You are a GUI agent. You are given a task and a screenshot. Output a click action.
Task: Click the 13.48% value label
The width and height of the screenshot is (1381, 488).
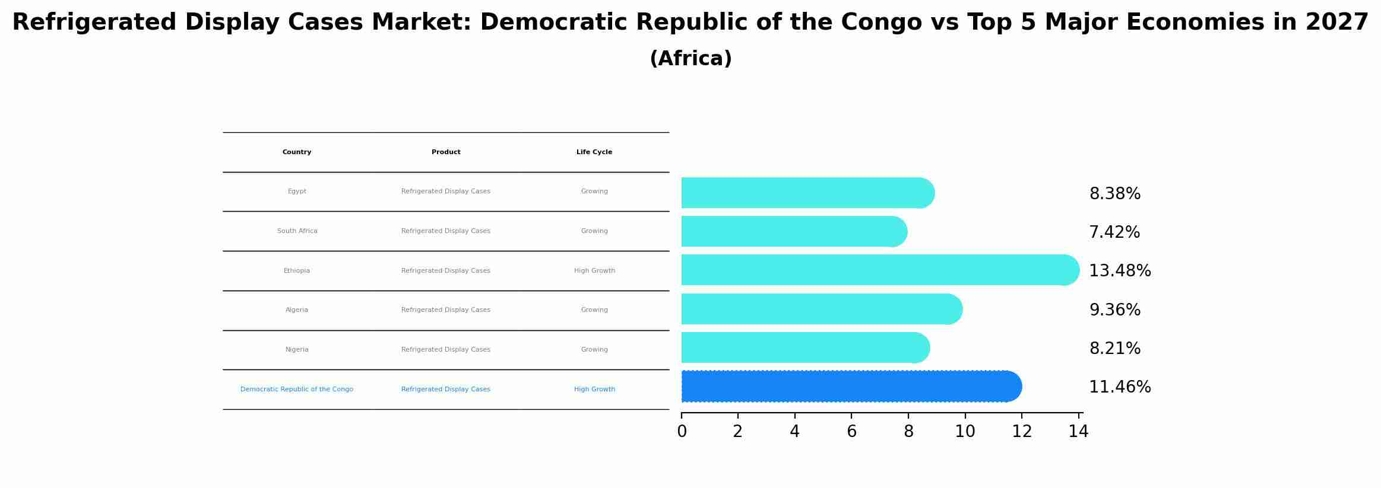1120,271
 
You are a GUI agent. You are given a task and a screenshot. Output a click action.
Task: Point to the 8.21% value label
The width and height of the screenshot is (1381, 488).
1114,349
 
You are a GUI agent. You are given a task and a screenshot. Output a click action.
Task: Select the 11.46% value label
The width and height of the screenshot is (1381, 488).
1120,387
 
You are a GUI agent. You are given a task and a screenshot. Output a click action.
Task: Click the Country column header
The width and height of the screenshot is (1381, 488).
297,152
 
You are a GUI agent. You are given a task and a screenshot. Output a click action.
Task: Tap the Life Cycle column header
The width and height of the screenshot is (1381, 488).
594,152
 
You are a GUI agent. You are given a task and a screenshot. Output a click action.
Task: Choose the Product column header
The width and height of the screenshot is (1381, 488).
446,152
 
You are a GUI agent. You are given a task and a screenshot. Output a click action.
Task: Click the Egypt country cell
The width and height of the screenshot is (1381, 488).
297,192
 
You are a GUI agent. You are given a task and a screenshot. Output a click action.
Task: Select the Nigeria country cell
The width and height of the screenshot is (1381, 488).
297,350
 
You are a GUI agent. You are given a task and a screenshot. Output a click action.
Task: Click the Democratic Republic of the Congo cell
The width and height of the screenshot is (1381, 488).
297,390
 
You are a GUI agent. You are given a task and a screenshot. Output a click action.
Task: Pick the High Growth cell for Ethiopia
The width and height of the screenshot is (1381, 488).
594,271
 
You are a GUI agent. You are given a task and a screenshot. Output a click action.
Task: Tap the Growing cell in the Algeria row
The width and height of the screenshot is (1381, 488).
594,310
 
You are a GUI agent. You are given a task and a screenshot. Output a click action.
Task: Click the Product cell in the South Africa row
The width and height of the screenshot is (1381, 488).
446,231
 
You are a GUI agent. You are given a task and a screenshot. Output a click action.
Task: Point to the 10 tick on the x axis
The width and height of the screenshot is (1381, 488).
965,432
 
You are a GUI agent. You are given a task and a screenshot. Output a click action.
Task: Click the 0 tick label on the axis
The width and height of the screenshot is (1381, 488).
682,432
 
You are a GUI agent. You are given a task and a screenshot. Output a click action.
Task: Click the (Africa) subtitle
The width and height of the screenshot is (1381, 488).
690,59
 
